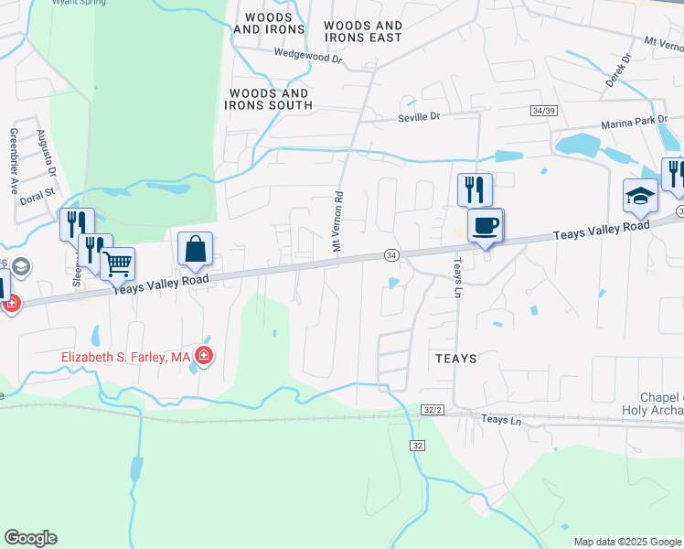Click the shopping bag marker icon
pyautogui.click(x=196, y=249)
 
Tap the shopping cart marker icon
pyautogui.click(x=118, y=264)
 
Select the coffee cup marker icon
pyautogui.click(x=485, y=225)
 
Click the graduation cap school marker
pyautogui.click(x=640, y=196)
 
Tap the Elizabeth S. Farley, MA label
pyautogui.click(x=125, y=357)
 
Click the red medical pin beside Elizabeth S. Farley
pyautogui.click(x=204, y=356)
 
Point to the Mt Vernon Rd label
pyautogui.click(x=337, y=221)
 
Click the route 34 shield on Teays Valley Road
pyautogui.click(x=391, y=253)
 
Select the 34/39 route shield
pyautogui.click(x=543, y=110)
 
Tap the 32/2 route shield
pyautogui.click(x=432, y=411)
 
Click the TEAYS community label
pyautogui.click(x=456, y=359)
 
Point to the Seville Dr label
pyautogui.click(x=419, y=117)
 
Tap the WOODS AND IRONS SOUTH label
pyautogui.click(x=271, y=99)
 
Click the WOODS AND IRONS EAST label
pyautogui.click(x=363, y=31)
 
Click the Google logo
pyautogui.click(x=30, y=538)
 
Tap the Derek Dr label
pyautogui.click(x=619, y=70)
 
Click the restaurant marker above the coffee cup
pyautogui.click(x=475, y=189)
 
